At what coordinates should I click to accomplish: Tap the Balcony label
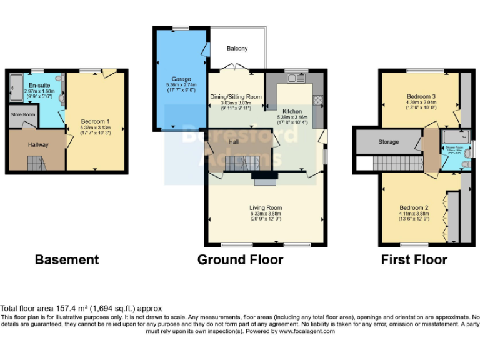pyautogui.click(x=237, y=49)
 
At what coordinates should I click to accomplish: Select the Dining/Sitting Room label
pyautogui.click(x=235, y=97)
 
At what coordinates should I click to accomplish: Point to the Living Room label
pyautogui.click(x=266, y=208)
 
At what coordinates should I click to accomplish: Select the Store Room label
pyautogui.click(x=23, y=114)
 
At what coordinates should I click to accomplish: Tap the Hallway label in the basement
pyautogui.click(x=37, y=145)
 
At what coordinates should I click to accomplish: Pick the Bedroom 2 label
pyautogui.click(x=414, y=207)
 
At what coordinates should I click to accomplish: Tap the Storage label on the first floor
pyautogui.click(x=388, y=142)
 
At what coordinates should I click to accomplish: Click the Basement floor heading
pyautogui.click(x=66, y=259)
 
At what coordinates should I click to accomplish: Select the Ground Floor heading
pyautogui.click(x=240, y=259)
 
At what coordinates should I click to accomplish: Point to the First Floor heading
pyautogui.click(x=414, y=259)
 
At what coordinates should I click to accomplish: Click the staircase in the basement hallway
pyautogui.click(x=36, y=164)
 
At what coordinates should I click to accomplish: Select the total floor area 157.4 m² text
pyautogui.click(x=81, y=309)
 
